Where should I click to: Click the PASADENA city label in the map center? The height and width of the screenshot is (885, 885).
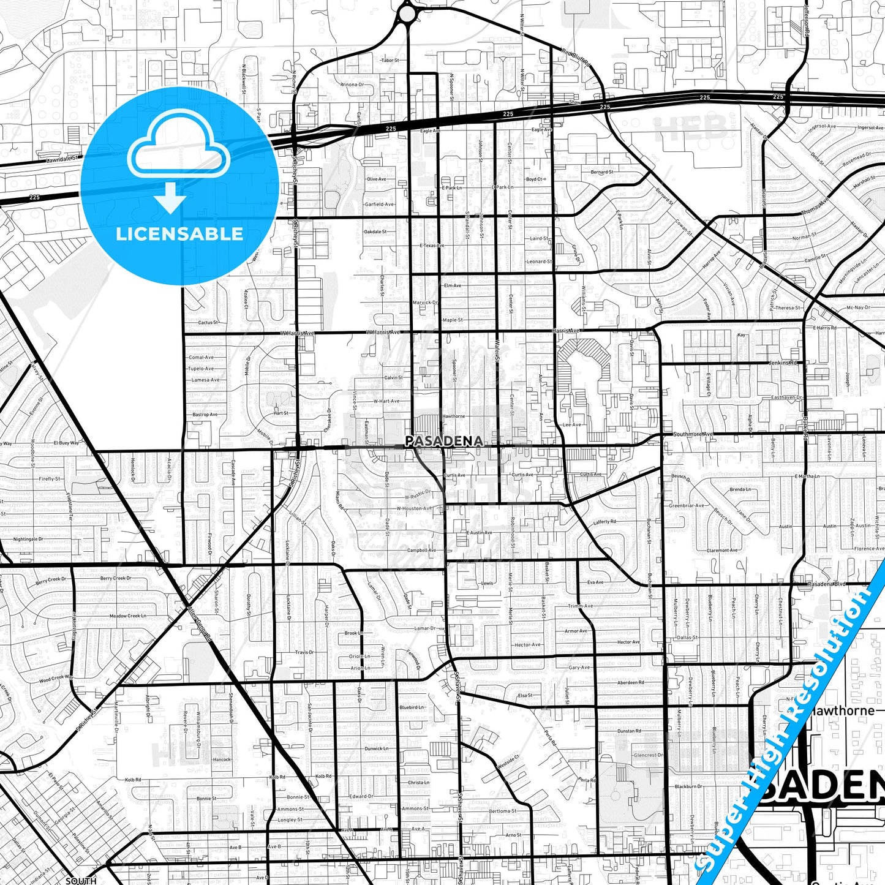(x=443, y=441)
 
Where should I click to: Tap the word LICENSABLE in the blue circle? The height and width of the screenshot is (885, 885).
(x=179, y=233)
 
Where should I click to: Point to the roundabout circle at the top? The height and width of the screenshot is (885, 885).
(x=407, y=13)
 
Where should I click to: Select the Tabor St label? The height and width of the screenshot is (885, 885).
(x=390, y=61)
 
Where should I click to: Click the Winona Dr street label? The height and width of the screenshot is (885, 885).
(x=352, y=85)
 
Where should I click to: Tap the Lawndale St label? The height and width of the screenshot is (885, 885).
(x=64, y=158)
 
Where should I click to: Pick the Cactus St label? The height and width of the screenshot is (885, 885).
(x=208, y=322)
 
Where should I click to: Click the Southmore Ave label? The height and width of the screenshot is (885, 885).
(x=693, y=434)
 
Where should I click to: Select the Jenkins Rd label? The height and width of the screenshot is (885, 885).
(x=785, y=363)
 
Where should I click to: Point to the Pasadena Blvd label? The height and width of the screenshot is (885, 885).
(x=827, y=584)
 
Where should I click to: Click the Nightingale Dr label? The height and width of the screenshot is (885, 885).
(x=28, y=539)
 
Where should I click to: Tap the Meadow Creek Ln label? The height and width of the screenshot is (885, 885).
(x=127, y=616)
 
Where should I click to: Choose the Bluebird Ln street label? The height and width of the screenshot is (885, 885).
(x=412, y=707)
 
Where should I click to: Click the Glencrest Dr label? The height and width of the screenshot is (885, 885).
(x=649, y=755)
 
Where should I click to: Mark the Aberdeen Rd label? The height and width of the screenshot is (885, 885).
(x=630, y=682)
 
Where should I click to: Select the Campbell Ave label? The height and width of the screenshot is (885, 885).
(x=421, y=550)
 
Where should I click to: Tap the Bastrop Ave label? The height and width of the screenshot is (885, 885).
(x=205, y=415)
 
